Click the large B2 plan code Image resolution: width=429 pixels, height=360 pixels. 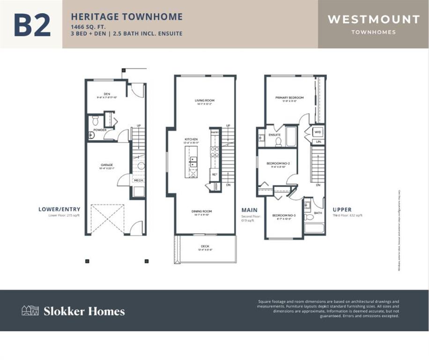[x=32, y=25]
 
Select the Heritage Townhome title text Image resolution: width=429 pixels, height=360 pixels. [x=126, y=17]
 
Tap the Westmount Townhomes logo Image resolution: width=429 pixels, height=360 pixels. [x=373, y=24]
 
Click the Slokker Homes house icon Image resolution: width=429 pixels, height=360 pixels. [x=30, y=310]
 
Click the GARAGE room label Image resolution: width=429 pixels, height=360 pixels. [x=107, y=165]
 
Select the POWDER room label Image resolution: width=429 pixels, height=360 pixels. [x=100, y=130]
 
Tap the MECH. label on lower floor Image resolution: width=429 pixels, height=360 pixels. [x=139, y=180]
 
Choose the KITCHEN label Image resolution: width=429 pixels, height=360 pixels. [x=191, y=139]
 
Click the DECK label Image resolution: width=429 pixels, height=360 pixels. [x=205, y=246]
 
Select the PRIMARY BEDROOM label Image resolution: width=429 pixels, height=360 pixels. [x=289, y=97]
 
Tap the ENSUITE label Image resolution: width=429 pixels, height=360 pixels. [x=274, y=135]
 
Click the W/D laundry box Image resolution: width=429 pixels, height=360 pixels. [x=318, y=132]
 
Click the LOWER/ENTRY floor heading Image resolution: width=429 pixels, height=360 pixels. [x=59, y=209]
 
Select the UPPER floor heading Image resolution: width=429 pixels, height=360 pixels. [x=342, y=210]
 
